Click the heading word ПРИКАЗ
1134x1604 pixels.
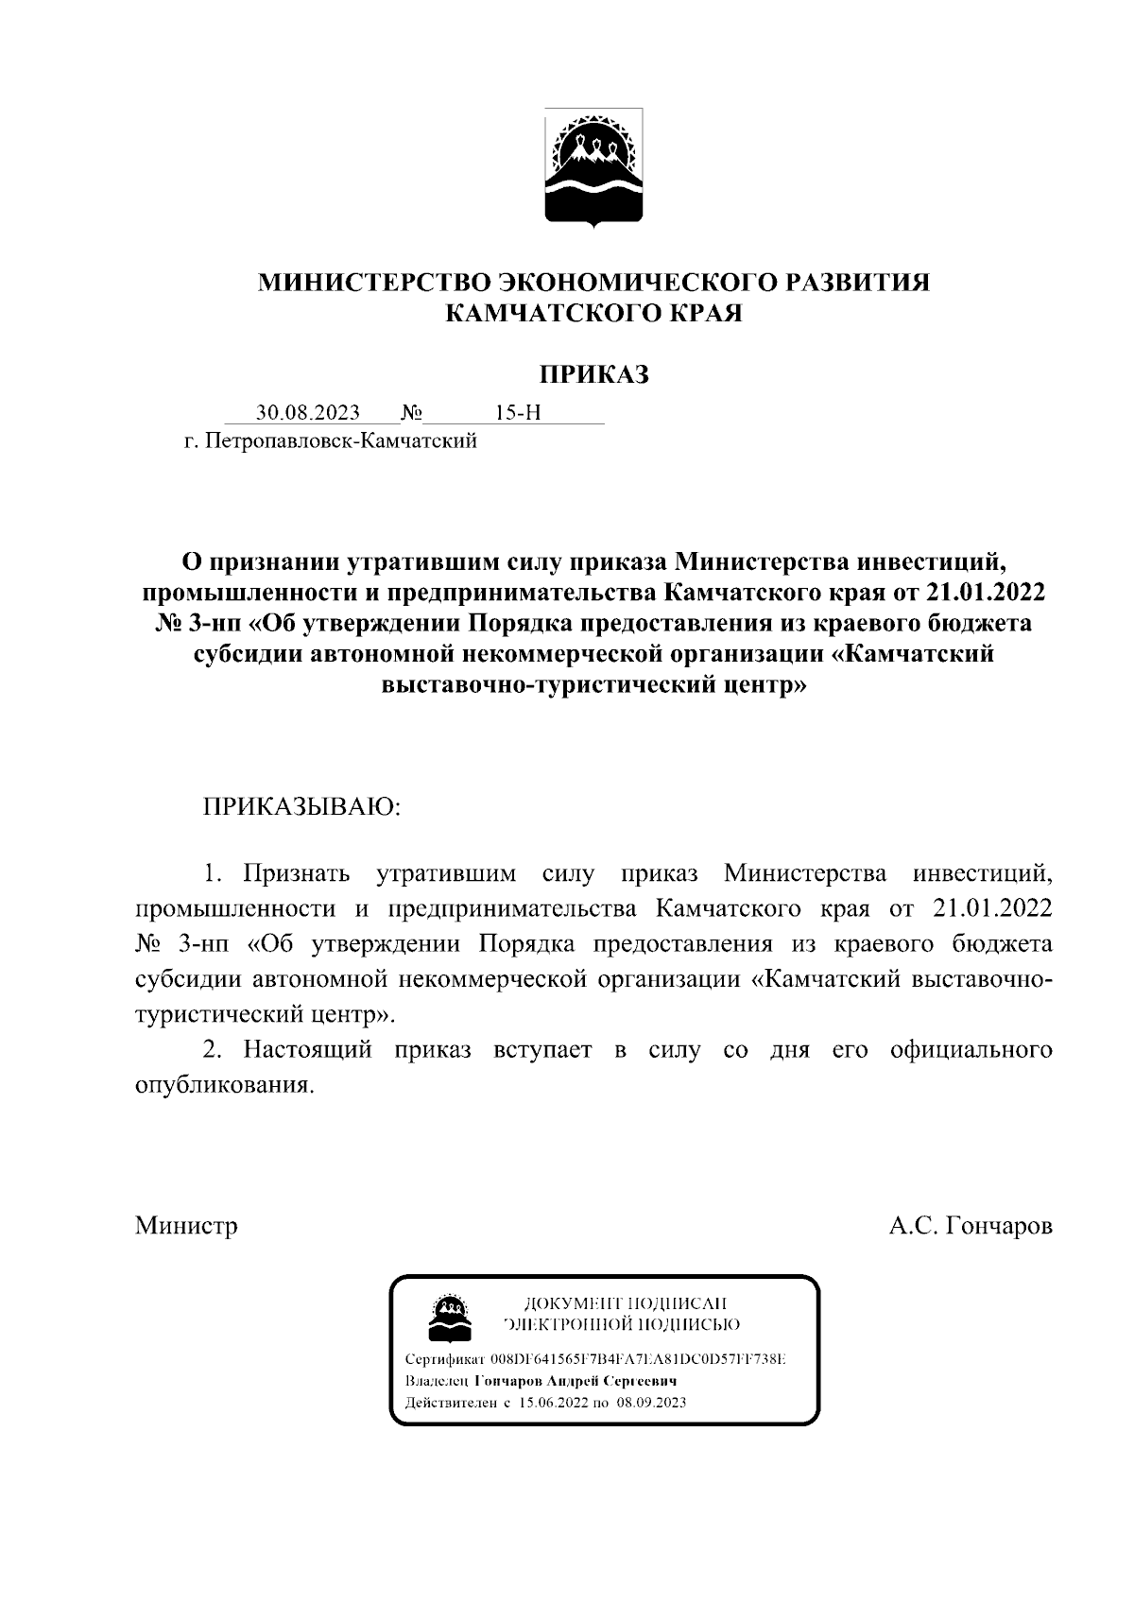(594, 375)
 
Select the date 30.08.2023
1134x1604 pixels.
(308, 413)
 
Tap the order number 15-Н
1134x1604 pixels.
(518, 413)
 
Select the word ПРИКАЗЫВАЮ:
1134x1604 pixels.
(302, 806)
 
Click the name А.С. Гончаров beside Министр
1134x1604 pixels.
(971, 1226)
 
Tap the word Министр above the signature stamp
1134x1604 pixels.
(186, 1226)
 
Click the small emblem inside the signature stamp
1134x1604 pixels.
(447, 1316)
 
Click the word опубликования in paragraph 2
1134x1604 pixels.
(223, 1084)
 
